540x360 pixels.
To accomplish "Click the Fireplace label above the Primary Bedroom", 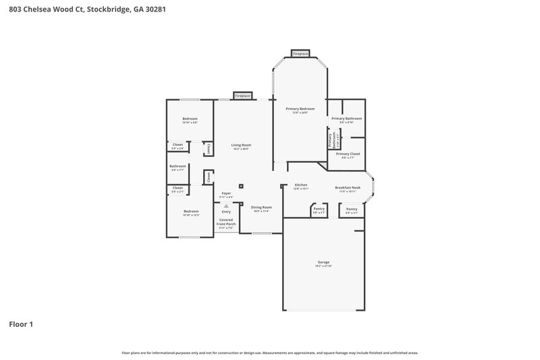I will (x=300, y=53).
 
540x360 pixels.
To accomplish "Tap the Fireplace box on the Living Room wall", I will (x=242, y=96).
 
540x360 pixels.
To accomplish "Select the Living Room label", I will (x=241, y=145).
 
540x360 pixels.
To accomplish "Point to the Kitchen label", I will (x=301, y=184).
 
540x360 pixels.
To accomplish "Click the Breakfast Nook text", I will (x=348, y=188).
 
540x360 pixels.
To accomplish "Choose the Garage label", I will (x=323, y=262).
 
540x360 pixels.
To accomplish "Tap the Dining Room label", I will (x=261, y=207).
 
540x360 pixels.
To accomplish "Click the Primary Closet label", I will (x=348, y=153).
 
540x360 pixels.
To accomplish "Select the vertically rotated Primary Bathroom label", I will (x=331, y=139).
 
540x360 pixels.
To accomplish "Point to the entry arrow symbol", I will (x=226, y=206).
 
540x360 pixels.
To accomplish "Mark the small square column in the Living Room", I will (x=242, y=185).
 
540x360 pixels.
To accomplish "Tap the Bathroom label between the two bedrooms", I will (x=178, y=165).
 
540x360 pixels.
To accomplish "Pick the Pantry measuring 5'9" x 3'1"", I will (x=352, y=209).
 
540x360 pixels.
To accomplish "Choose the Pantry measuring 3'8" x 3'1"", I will (x=319, y=209).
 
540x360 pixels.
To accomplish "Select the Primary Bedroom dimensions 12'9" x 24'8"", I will (x=300, y=113).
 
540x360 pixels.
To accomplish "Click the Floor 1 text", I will (x=21, y=324).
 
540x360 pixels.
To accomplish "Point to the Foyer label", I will (x=226, y=193).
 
